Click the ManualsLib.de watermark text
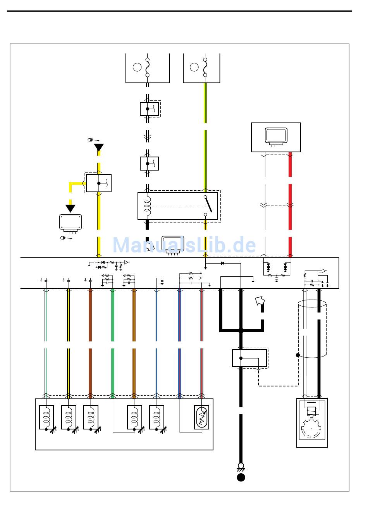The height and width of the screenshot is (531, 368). (x=184, y=245)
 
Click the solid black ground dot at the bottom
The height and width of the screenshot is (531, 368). (x=241, y=477)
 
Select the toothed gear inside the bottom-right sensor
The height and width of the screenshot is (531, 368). (x=311, y=428)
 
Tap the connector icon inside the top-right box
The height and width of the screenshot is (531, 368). (x=276, y=137)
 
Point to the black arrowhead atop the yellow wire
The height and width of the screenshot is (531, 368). (x=99, y=147)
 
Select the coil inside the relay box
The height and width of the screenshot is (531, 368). (x=147, y=206)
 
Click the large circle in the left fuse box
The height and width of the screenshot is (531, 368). (x=137, y=67)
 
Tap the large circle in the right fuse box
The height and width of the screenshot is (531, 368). (x=194, y=67)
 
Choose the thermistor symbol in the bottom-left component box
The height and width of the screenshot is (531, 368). (x=201, y=417)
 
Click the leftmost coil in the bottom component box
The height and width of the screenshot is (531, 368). (x=46, y=417)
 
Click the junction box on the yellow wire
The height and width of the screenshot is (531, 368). (x=99, y=183)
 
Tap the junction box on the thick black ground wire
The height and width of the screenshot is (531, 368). (x=249, y=358)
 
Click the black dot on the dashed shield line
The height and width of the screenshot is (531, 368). (x=298, y=355)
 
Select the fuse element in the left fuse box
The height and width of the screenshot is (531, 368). (x=147, y=67)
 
